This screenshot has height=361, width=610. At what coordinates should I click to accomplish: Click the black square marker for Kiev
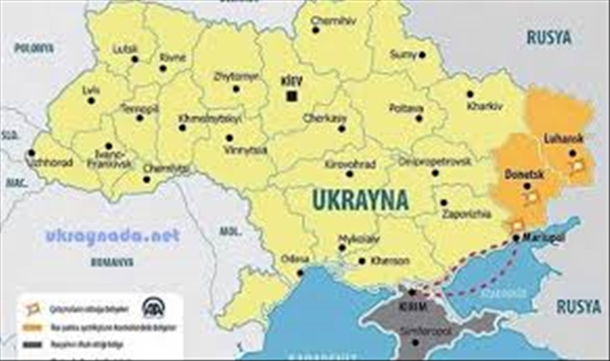click(293, 96)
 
